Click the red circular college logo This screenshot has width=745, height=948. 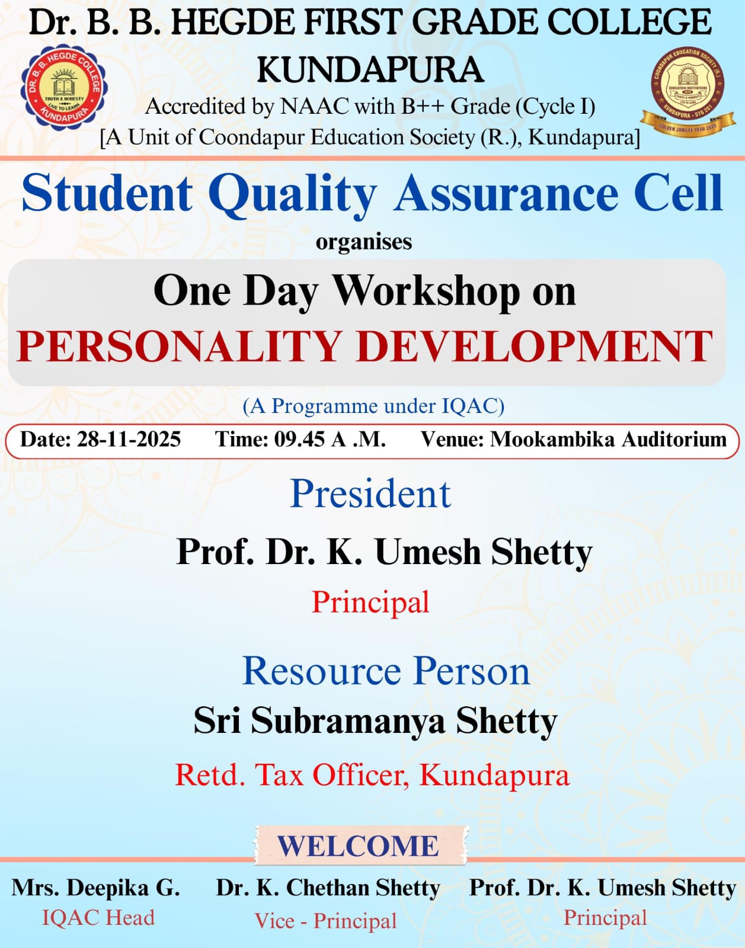click(x=65, y=88)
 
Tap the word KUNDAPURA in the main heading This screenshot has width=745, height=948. click(x=370, y=70)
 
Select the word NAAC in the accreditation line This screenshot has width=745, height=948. click(x=314, y=107)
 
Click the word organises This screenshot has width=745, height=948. click(x=364, y=242)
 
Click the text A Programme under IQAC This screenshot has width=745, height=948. click(x=373, y=406)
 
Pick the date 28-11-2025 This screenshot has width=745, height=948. click(x=129, y=439)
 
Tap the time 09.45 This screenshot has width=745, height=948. click(x=299, y=439)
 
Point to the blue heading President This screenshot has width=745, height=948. click(x=371, y=494)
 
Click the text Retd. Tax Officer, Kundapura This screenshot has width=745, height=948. click(x=372, y=776)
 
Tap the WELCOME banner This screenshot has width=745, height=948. click(x=360, y=845)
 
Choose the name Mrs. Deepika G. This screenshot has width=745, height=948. click(x=95, y=888)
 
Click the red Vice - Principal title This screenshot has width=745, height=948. click(x=325, y=921)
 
